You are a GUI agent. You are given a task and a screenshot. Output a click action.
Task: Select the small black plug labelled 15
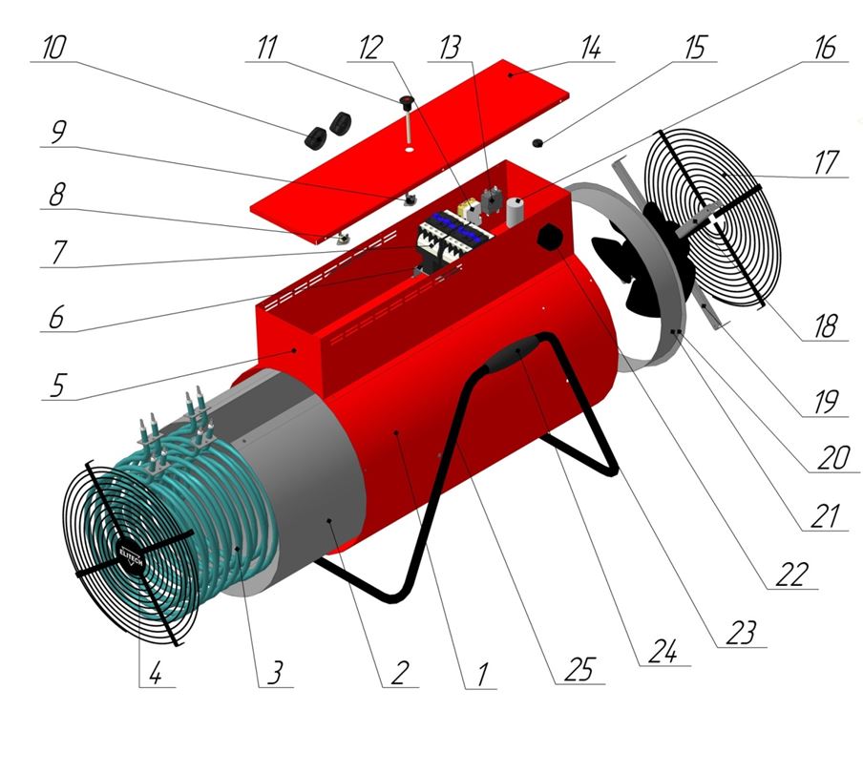(x=537, y=143)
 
